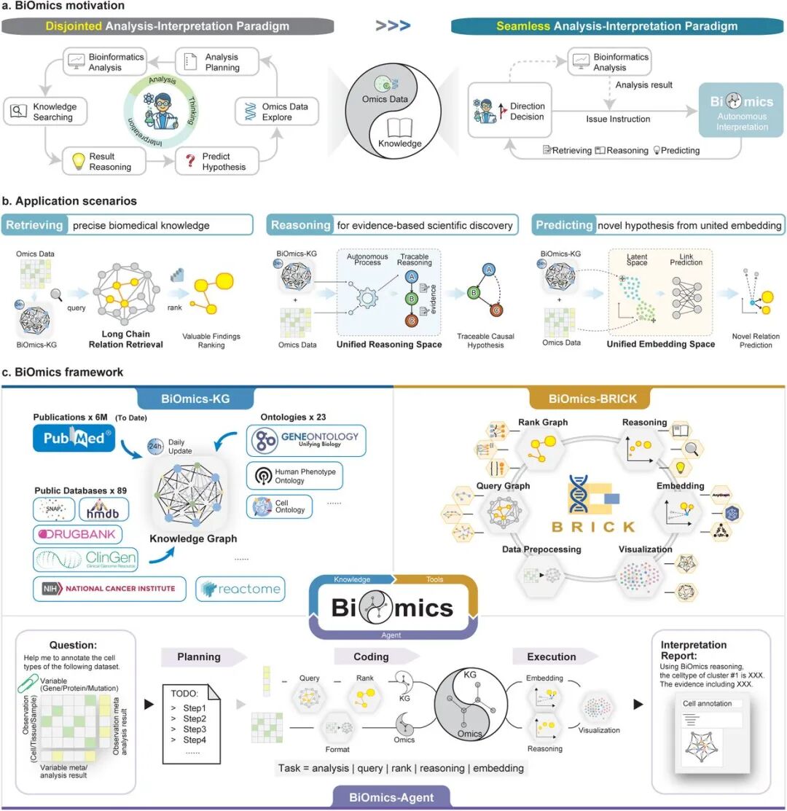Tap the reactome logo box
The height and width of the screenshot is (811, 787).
pyautogui.click(x=240, y=589)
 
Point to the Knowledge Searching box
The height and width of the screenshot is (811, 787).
pyautogui.click(x=45, y=111)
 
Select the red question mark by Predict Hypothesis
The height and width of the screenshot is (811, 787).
pyautogui.click(x=191, y=160)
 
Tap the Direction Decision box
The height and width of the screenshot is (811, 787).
pyautogui.click(x=508, y=111)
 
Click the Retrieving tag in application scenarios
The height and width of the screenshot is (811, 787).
pyautogui.click(x=34, y=225)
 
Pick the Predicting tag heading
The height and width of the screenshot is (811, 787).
pyautogui.click(x=563, y=225)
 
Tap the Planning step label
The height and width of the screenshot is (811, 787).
pyautogui.click(x=199, y=657)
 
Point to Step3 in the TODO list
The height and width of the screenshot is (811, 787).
pyautogui.click(x=195, y=729)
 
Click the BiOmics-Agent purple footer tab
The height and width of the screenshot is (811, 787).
pyautogui.click(x=393, y=797)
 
